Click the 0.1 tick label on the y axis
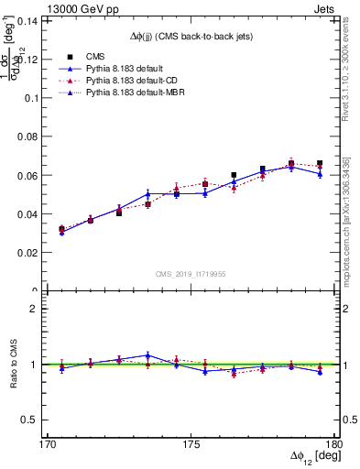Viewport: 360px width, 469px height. (37, 97)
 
